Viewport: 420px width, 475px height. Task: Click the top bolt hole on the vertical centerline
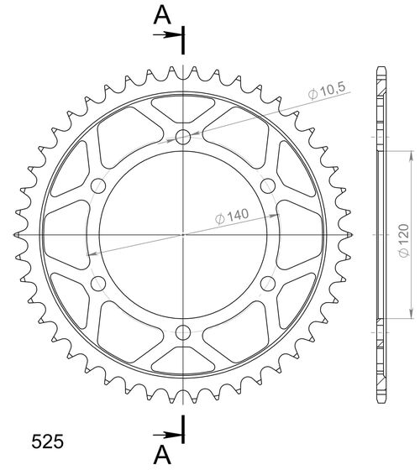(x=184, y=137)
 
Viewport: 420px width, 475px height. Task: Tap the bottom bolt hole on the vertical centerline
(x=184, y=330)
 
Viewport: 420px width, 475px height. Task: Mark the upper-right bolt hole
(x=268, y=185)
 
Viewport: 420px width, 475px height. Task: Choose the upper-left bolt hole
(x=99, y=185)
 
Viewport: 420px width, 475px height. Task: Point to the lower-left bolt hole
(x=99, y=282)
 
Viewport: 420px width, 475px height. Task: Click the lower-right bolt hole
(x=268, y=282)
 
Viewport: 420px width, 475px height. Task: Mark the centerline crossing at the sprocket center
(x=184, y=234)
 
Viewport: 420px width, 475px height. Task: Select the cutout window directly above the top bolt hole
(x=184, y=107)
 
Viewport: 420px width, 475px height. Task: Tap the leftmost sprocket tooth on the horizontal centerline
(x=17, y=234)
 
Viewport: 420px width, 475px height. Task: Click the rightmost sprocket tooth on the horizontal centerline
(x=350, y=234)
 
